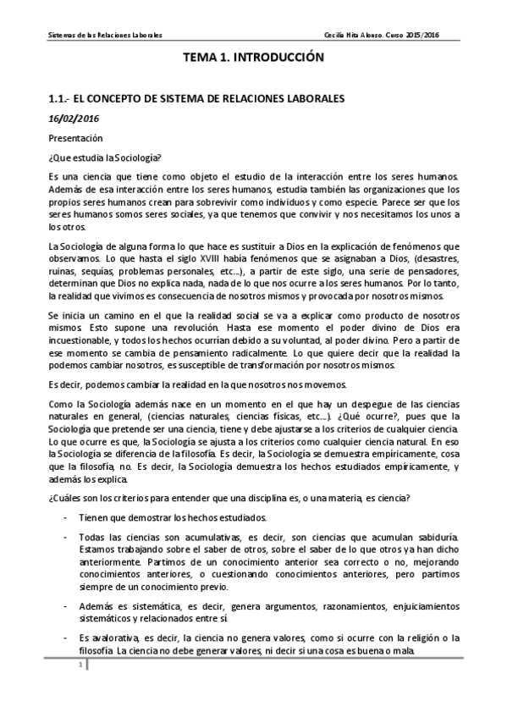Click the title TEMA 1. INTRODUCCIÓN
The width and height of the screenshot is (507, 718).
pyautogui.click(x=254, y=59)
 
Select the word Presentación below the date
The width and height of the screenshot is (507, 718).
pyautogui.click(x=75, y=136)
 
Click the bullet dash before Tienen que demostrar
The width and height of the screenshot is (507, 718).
pyautogui.click(x=66, y=517)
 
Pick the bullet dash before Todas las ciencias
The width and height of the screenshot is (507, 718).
pyautogui.click(x=66, y=537)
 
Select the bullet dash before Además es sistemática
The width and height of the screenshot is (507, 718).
pyautogui.click(x=66, y=606)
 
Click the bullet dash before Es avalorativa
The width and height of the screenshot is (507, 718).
pyautogui.click(x=66, y=637)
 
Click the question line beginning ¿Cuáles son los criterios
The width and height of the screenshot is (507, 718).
pyautogui.click(x=254, y=499)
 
